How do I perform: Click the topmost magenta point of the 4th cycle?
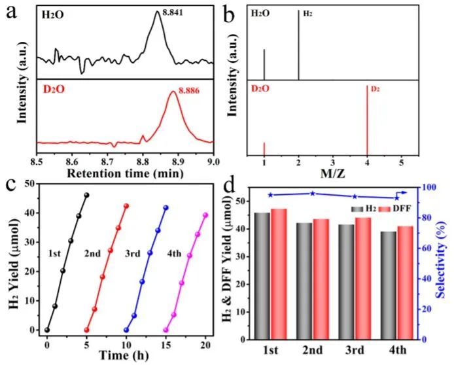pyautogui.click(x=205, y=215)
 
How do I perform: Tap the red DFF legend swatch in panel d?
pyautogui.click(x=383, y=208)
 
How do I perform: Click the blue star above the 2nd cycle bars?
pyautogui.click(x=313, y=193)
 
